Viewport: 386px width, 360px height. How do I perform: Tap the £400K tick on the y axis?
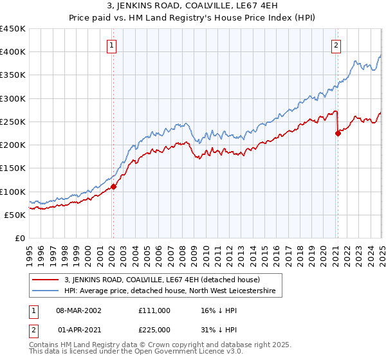click(12, 52)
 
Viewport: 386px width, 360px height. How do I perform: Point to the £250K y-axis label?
click(12, 122)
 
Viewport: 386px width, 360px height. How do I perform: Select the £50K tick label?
click(15, 215)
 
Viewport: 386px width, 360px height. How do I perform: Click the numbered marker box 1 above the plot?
click(112, 45)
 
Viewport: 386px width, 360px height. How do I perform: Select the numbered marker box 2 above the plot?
click(336, 45)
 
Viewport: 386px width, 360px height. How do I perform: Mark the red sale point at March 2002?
click(113, 186)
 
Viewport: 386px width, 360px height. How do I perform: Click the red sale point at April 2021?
click(338, 134)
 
